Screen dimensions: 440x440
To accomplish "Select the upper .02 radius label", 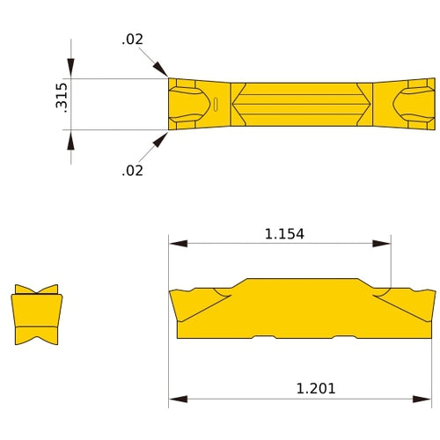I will pos(132,40).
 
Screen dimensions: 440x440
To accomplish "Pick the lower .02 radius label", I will pos(132,171).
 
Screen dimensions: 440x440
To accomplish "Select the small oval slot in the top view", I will pos(215,106).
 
